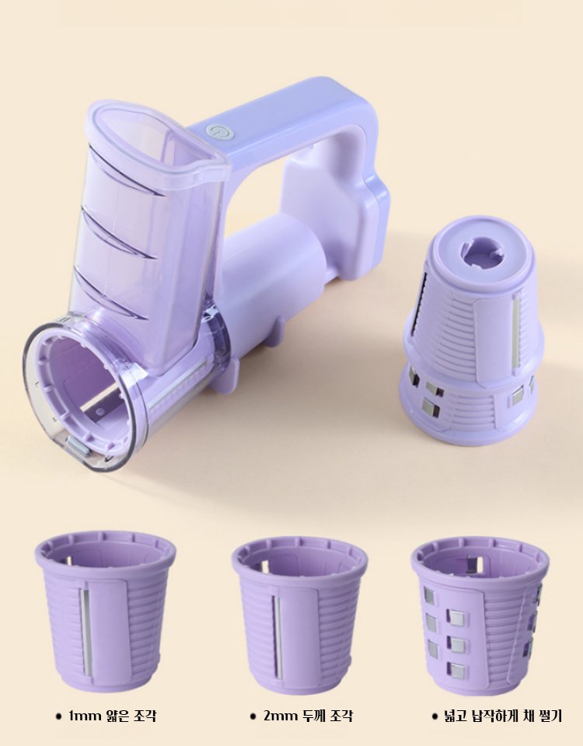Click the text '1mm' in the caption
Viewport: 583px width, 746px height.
(x=86, y=715)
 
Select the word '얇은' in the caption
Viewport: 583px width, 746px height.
(x=118, y=715)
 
